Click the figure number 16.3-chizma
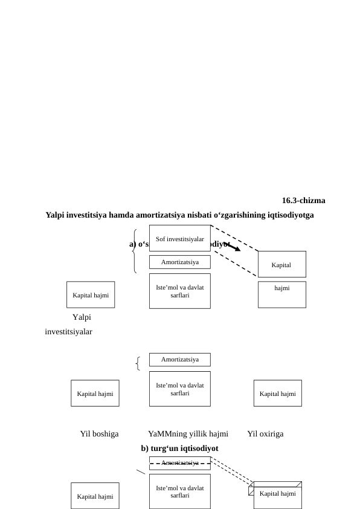303,201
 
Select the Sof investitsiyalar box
179,238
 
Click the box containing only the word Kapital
281,264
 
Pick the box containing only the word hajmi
281,294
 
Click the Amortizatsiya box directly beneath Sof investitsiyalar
179,262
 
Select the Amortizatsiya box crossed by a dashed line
179,463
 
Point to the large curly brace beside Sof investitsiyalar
135,251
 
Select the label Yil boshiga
99,434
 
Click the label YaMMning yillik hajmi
188,434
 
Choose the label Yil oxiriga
265,434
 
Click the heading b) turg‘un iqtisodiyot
179,448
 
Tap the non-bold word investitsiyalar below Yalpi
68,331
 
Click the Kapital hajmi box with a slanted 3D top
277,494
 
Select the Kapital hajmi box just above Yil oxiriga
277,394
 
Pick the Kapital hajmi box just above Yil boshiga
95,394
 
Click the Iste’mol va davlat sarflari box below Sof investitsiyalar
179,291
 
